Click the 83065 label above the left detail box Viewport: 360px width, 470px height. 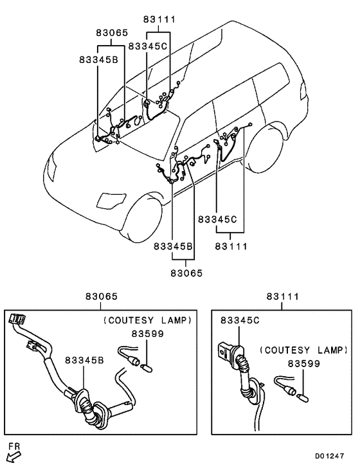pyautogui.click(x=101, y=297)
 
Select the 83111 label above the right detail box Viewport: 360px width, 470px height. pyautogui.click(x=283, y=297)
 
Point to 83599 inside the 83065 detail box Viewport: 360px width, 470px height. pyautogui.click(x=147, y=334)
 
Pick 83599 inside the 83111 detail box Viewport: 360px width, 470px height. pyautogui.click(x=304, y=363)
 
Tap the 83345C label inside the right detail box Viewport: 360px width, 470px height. pyautogui.click(x=239, y=320)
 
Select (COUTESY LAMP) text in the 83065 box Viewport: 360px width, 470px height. pyautogui.click(x=147, y=320)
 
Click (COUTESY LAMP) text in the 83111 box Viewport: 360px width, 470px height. pyautogui.click(x=304, y=350)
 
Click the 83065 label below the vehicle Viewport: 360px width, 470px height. pyautogui.click(x=186, y=273)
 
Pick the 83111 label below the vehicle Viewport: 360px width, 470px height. pyautogui.click(x=231, y=246)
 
